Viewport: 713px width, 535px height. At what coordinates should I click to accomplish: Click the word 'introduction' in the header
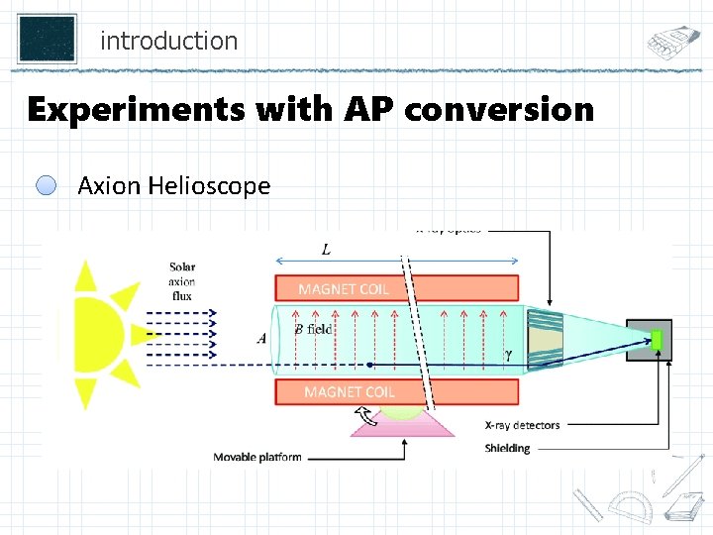point(168,42)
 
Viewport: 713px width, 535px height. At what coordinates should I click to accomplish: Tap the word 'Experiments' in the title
point(131,109)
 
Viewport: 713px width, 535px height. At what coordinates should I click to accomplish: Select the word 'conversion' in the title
point(498,109)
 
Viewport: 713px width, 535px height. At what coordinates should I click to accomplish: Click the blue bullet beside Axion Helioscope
point(47,185)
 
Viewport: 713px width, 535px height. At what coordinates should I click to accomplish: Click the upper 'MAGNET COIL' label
point(344,289)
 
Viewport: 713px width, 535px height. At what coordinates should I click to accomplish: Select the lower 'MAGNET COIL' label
point(350,392)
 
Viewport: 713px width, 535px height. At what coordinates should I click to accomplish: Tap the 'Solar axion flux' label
point(182,280)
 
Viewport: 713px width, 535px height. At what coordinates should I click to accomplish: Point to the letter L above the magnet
point(327,248)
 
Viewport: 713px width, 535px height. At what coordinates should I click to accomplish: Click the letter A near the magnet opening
point(261,339)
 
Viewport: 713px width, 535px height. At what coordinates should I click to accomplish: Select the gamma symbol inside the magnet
point(509,354)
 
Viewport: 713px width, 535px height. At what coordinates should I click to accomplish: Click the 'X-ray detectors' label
point(522,425)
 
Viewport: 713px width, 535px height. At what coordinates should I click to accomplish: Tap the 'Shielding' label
point(507,448)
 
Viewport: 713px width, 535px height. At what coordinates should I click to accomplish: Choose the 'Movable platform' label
point(257,457)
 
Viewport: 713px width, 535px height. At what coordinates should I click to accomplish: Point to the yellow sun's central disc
point(94,335)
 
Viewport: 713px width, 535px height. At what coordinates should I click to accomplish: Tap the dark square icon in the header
point(47,38)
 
